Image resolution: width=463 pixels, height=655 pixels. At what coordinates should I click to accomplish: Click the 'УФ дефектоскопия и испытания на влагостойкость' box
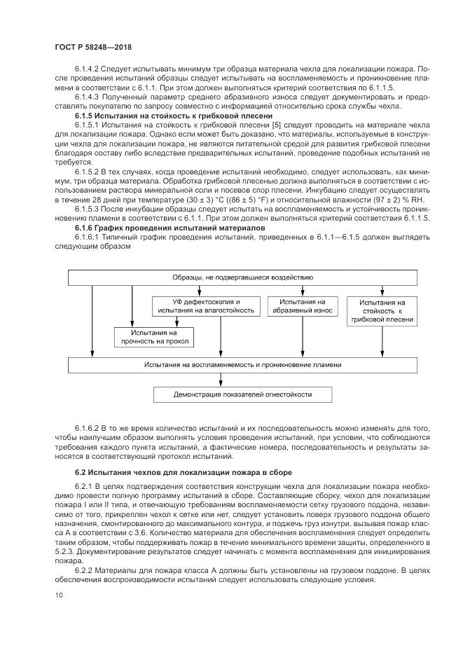(206, 305)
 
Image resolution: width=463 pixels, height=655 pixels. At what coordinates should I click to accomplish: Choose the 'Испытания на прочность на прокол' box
(154, 337)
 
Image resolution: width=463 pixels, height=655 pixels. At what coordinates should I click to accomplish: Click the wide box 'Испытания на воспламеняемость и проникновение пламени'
(243, 365)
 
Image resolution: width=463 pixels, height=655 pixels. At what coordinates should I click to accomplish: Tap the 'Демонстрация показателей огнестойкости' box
(243, 395)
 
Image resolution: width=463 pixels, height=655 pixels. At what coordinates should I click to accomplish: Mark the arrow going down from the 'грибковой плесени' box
(382, 340)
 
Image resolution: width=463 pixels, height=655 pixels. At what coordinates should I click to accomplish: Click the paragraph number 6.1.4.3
(89, 97)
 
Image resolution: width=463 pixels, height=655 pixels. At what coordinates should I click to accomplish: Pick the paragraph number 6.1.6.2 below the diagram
(89, 427)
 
